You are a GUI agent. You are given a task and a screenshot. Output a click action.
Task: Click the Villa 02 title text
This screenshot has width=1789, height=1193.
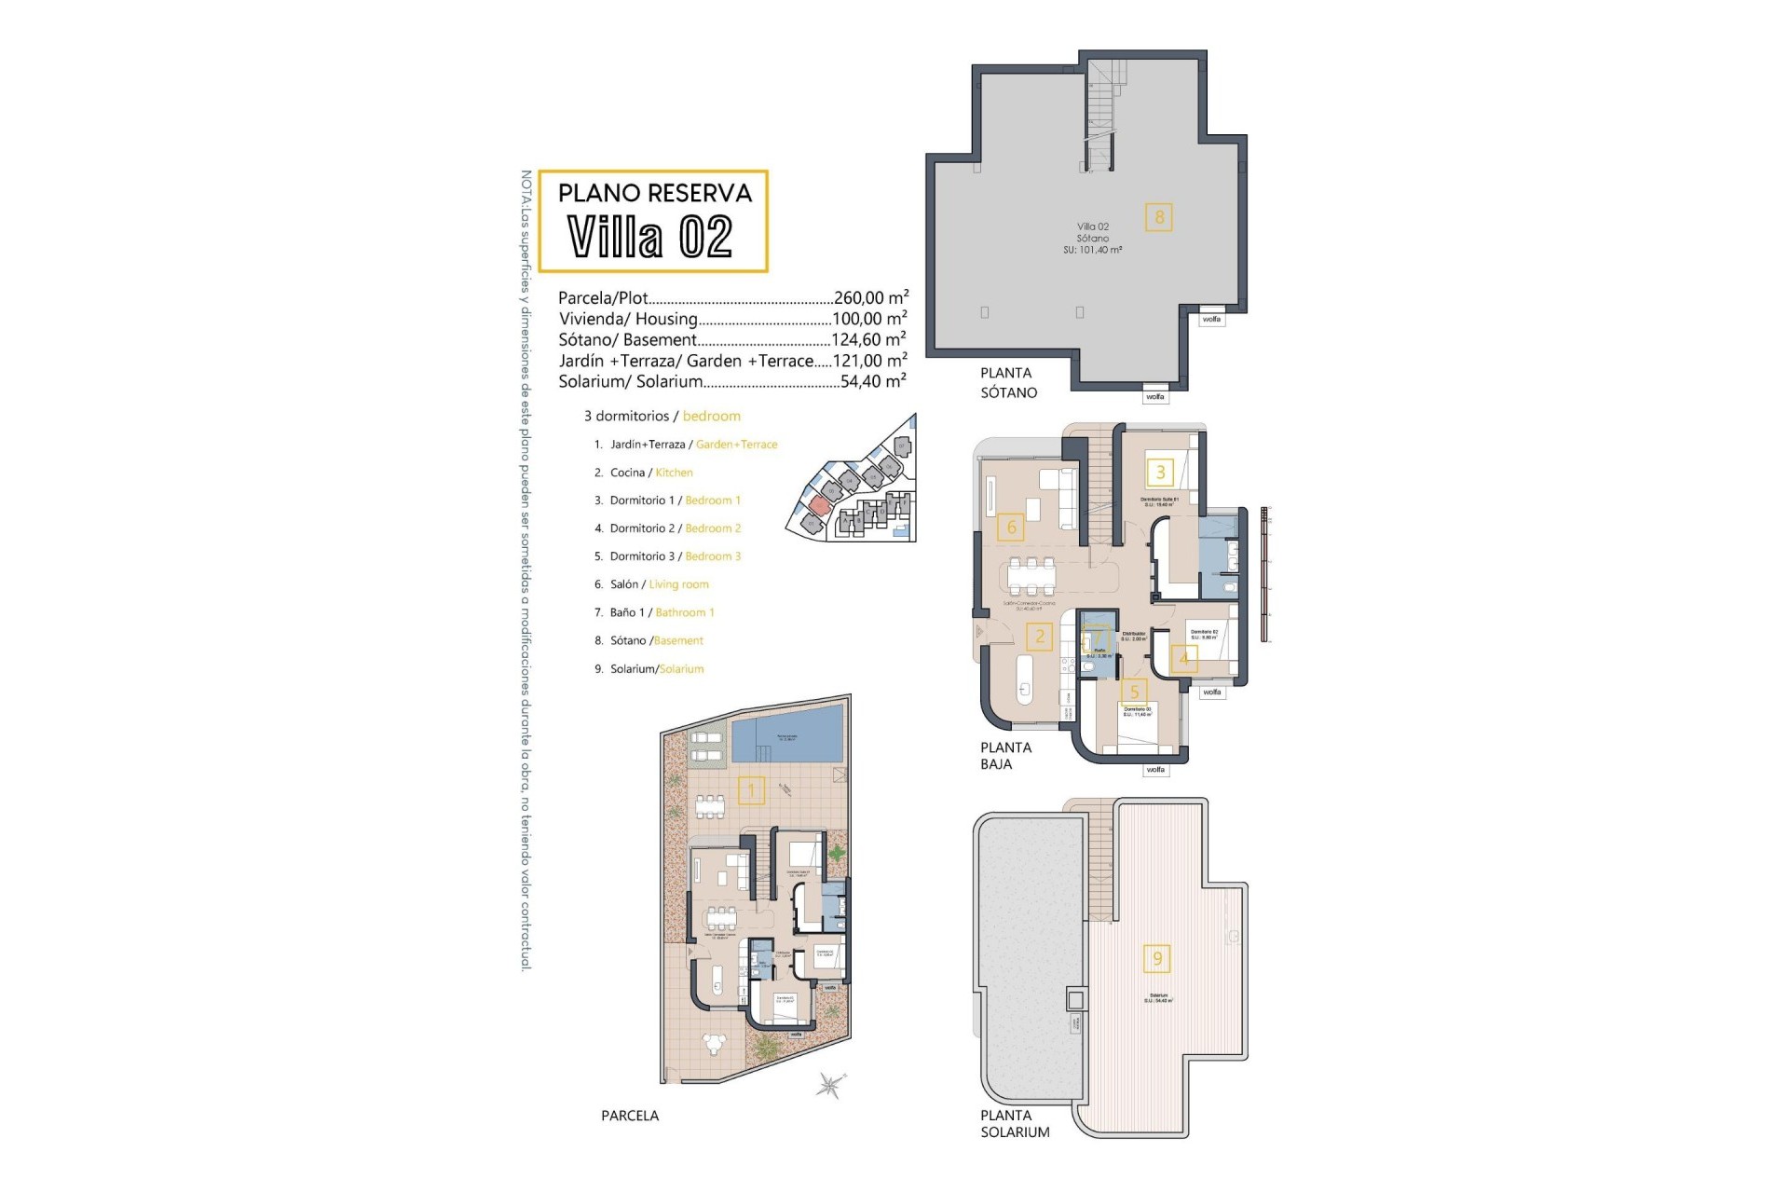pos(650,237)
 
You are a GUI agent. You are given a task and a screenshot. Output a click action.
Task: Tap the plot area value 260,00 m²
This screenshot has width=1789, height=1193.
pos(870,298)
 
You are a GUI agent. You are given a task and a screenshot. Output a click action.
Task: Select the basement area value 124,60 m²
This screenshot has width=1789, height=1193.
pos(868,340)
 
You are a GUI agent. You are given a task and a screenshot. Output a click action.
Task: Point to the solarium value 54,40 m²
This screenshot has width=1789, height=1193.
pos(872,381)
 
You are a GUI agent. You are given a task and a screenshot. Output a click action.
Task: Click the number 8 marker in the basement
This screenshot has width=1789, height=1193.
pos(1159,217)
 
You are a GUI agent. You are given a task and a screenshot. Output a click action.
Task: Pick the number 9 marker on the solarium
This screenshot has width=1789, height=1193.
pos(1157,958)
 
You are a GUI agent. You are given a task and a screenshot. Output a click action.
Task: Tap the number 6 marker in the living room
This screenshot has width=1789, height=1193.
pos(1011,528)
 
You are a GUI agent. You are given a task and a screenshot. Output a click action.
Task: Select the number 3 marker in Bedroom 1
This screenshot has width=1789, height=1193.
pos(1160,473)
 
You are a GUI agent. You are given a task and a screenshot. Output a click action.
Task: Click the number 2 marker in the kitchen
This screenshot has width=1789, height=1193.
pos(1039,638)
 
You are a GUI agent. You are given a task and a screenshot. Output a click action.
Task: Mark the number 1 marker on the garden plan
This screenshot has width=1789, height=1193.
pos(751,791)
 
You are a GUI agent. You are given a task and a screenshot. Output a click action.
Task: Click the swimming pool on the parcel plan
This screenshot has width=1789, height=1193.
pos(786,740)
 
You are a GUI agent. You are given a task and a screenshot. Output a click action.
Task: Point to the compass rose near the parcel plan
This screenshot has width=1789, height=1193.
pos(828,1085)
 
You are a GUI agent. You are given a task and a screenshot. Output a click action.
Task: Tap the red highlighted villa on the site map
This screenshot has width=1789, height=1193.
pos(818,505)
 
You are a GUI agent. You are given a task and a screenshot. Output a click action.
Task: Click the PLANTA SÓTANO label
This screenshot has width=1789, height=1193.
pos(1008,383)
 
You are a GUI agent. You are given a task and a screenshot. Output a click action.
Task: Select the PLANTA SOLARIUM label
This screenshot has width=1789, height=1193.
pos(1014,1124)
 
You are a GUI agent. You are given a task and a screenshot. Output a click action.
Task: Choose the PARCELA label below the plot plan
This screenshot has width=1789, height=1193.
pos(630,1116)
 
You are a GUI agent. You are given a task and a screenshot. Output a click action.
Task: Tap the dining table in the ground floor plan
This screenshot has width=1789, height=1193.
pos(1032,575)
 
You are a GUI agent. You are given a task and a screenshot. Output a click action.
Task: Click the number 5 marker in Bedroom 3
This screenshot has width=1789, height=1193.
pos(1134,692)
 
